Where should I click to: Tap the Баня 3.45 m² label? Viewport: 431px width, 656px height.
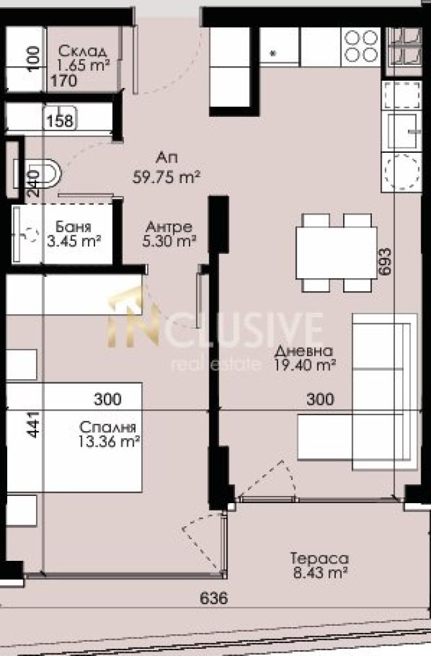[x=73, y=234]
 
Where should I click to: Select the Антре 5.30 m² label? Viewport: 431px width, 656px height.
[x=169, y=234]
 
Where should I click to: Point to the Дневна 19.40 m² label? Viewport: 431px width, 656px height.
[x=305, y=358]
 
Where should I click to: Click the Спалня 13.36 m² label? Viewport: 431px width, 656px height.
[x=108, y=434]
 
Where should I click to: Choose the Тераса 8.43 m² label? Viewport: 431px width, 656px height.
[x=320, y=565]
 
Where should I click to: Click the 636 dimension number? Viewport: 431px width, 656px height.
[x=214, y=598]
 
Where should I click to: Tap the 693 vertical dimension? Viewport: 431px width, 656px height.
[x=384, y=262]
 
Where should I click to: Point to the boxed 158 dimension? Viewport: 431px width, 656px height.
[x=60, y=121]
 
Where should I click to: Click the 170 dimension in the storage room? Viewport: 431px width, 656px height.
[x=64, y=80]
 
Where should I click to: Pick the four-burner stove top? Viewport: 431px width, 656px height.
[x=360, y=47]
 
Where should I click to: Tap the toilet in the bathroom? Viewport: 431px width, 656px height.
[x=39, y=173]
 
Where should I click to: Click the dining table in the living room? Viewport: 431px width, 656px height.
[x=337, y=253]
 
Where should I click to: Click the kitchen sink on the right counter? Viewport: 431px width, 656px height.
[x=401, y=131]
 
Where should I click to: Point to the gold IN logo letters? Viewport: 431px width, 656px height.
[x=134, y=319]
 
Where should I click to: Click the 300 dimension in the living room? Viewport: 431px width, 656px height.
[x=320, y=399]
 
